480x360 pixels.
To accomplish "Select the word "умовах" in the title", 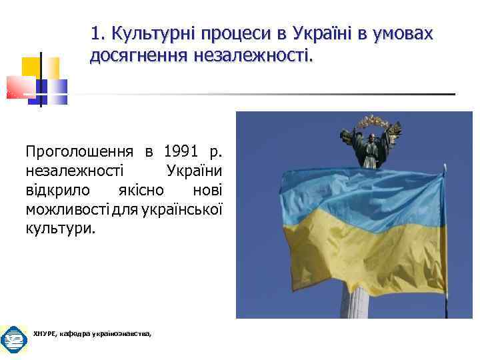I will tap(403, 33).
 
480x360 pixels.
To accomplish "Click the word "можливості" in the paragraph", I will tap(65, 209).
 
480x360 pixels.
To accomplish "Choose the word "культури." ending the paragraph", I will tap(61, 229).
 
